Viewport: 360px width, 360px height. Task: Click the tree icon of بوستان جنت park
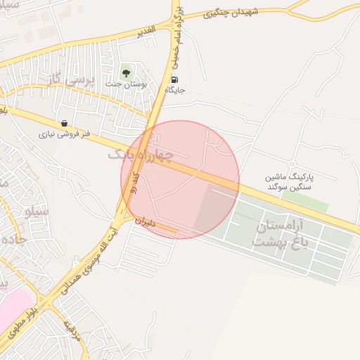[126, 71]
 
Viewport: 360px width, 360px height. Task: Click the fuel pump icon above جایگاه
[174, 79]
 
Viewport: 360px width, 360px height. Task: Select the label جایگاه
[174, 91]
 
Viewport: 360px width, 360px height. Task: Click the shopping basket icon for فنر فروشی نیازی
[65, 123]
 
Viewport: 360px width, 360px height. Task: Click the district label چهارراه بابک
[140, 153]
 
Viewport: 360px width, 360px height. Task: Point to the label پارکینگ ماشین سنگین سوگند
[288, 183]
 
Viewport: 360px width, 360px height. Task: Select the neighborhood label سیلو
[37, 210]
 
